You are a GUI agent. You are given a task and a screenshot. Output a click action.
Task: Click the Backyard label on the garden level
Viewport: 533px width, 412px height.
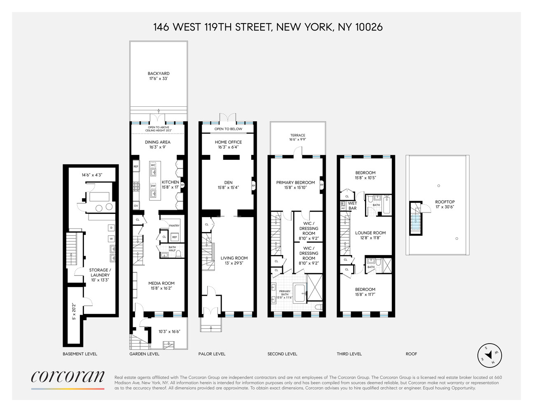(x=159, y=76)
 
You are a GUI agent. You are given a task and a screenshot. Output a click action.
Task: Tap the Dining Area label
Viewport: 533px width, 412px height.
(x=158, y=144)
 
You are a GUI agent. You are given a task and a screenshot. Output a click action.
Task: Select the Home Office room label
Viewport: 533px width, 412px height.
(x=228, y=144)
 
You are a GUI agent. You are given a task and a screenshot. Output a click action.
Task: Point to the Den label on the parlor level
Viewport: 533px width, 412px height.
(x=228, y=185)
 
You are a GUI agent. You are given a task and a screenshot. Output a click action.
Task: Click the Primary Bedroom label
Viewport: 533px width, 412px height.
(x=295, y=185)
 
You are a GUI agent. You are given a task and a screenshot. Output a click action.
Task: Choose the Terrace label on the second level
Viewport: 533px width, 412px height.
(x=297, y=137)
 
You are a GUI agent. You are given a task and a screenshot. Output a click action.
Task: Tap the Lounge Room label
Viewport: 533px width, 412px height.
(x=370, y=235)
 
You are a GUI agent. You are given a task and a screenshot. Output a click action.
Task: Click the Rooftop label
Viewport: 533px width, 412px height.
(x=445, y=204)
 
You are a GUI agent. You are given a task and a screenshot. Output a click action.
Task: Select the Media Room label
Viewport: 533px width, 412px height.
(x=161, y=286)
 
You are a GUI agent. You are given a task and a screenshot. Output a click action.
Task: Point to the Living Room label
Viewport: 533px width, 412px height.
(x=234, y=260)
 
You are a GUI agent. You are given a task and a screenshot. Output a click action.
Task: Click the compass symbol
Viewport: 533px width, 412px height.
(x=489, y=355)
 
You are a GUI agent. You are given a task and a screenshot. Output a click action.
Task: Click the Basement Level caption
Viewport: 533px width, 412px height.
(x=80, y=354)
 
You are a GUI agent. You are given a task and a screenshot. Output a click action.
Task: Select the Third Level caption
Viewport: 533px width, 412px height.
(x=349, y=354)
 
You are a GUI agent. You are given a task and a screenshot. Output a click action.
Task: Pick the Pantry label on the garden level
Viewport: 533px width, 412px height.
(x=174, y=226)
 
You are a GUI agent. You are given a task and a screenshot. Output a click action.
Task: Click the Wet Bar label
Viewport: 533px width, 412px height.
(x=353, y=206)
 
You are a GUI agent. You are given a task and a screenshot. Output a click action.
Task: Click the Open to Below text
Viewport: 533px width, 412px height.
(x=228, y=129)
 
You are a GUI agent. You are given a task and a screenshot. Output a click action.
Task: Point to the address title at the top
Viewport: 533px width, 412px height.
(x=268, y=27)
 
